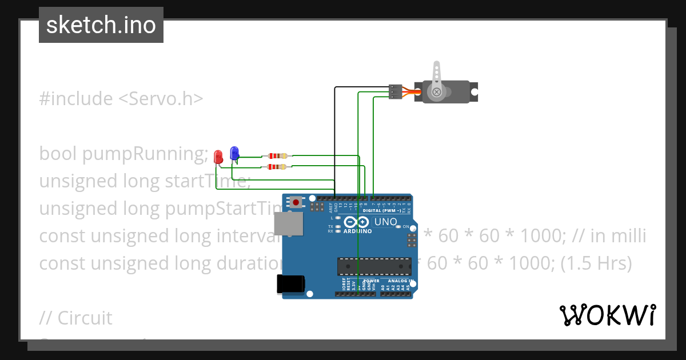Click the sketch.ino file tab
click(101, 25)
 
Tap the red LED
click(218, 157)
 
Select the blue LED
click(234, 153)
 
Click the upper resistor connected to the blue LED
click(277, 156)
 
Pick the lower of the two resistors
click(277, 167)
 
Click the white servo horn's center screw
click(437, 91)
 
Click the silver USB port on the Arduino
click(288, 224)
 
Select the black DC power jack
click(290, 284)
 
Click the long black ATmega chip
click(374, 266)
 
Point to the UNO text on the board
click(385, 222)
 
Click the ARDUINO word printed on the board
click(358, 231)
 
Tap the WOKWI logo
click(607, 315)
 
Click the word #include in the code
click(76, 98)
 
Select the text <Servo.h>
click(161, 98)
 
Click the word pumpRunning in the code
click(145, 154)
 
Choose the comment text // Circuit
click(76, 318)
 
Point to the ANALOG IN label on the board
click(400, 281)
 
